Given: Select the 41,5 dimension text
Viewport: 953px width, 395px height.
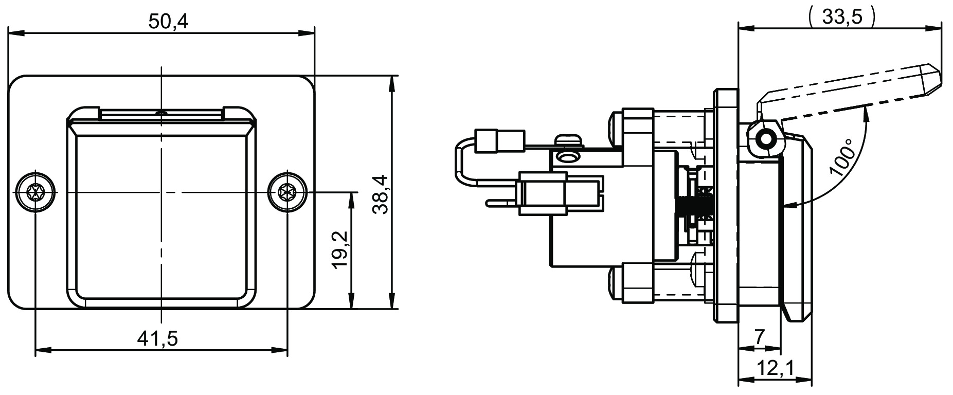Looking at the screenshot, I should (x=157, y=338).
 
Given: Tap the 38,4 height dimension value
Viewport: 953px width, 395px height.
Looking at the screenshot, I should (x=381, y=194).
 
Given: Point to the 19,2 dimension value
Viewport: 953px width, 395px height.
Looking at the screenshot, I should (x=340, y=250).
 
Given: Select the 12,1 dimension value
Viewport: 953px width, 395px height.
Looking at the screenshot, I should (x=775, y=369).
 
